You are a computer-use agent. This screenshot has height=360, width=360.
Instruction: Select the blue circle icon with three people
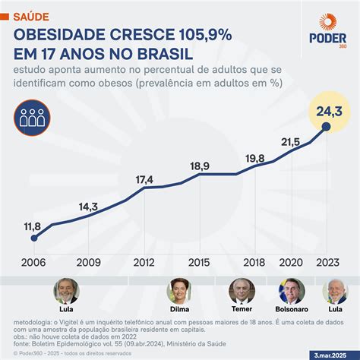[x=33, y=117]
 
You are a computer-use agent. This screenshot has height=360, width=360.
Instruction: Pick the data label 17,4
[x=144, y=179]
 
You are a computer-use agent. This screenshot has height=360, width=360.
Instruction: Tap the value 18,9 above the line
[x=200, y=166]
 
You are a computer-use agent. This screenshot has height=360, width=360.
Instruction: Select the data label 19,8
[x=255, y=158]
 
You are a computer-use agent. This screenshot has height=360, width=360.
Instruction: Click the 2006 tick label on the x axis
[x=33, y=262]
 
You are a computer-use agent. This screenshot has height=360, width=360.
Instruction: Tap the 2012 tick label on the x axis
[x=144, y=262]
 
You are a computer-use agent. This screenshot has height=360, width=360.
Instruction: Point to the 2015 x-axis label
[x=200, y=262]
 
